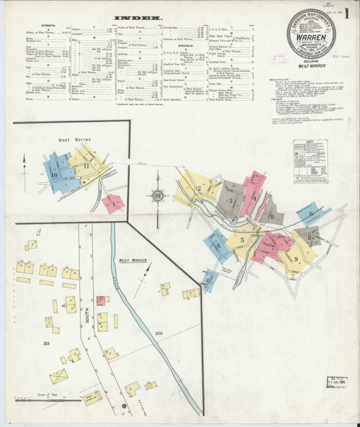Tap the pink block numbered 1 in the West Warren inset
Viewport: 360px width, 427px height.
pos(113,204)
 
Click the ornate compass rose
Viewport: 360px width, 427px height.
pos(157,194)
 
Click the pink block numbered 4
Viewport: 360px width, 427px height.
pos(254,196)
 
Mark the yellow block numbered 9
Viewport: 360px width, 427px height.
pos(296,259)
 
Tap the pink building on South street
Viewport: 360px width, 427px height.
pos(102,300)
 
